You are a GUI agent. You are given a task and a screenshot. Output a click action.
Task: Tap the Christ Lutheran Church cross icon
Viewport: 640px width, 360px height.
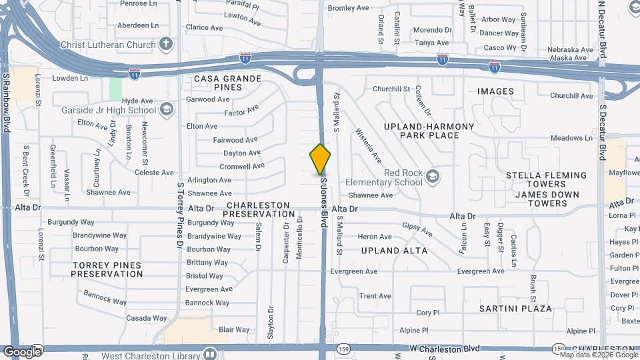165,44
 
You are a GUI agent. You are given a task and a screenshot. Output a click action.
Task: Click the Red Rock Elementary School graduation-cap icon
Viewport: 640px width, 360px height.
433,176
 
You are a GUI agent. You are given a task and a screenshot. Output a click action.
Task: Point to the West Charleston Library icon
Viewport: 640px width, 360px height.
210,354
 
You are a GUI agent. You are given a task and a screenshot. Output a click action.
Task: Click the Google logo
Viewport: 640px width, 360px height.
22,351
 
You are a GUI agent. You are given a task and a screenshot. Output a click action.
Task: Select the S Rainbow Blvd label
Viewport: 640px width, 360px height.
5,103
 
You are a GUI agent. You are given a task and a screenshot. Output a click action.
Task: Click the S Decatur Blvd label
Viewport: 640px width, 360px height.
602,131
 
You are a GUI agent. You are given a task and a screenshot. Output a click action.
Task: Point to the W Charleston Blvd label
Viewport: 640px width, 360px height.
445,349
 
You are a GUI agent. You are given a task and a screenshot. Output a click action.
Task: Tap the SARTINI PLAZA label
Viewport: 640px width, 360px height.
515,309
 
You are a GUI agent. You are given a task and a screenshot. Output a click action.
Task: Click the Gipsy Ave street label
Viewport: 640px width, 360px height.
417,229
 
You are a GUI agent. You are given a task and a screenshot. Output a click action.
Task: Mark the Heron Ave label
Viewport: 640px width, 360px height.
375,237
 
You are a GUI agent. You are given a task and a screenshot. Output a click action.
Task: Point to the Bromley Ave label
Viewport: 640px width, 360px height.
348,9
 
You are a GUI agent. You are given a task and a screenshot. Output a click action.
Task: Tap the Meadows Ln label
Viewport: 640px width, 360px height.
571,138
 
